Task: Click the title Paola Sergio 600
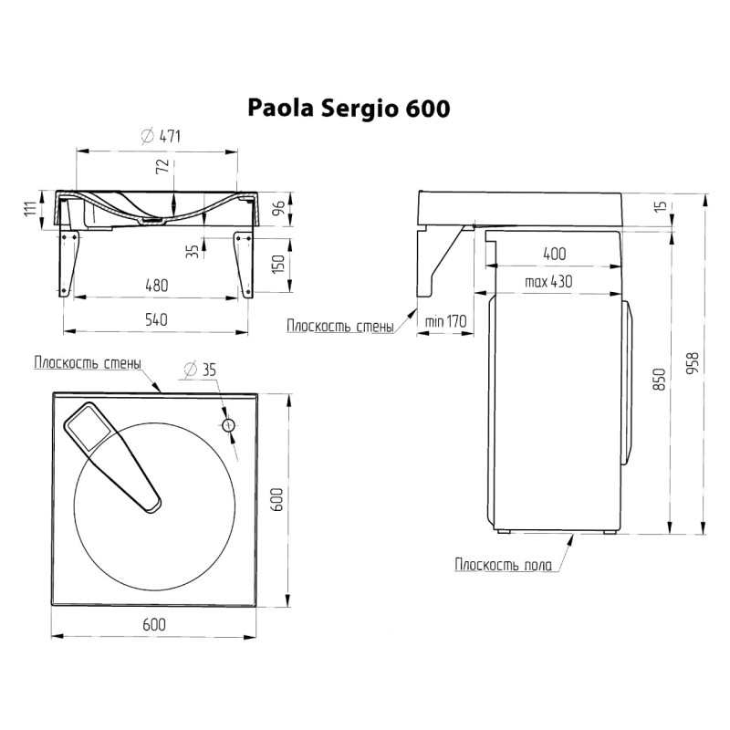click(349, 108)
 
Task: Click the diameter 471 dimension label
click(161, 137)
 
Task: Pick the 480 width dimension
click(157, 286)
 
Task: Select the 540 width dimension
click(157, 318)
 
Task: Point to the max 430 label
click(547, 282)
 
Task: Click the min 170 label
click(444, 320)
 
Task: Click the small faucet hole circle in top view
click(228, 425)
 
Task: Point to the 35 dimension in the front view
click(192, 250)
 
